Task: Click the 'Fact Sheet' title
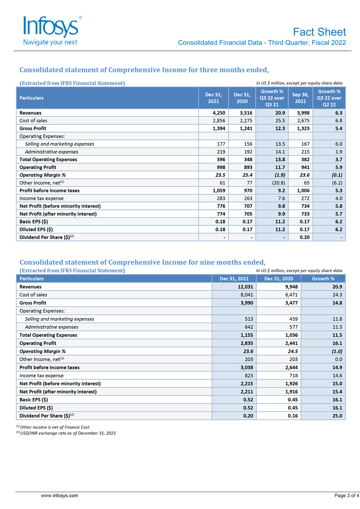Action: tap(319, 32)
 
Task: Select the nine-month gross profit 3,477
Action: tap(288, 303)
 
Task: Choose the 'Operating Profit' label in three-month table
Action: tap(38, 167)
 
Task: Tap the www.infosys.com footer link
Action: tap(60, 496)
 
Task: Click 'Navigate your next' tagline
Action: tap(50, 42)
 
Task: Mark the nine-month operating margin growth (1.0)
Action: tap(335, 351)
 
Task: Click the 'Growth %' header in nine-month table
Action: tap(323, 279)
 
